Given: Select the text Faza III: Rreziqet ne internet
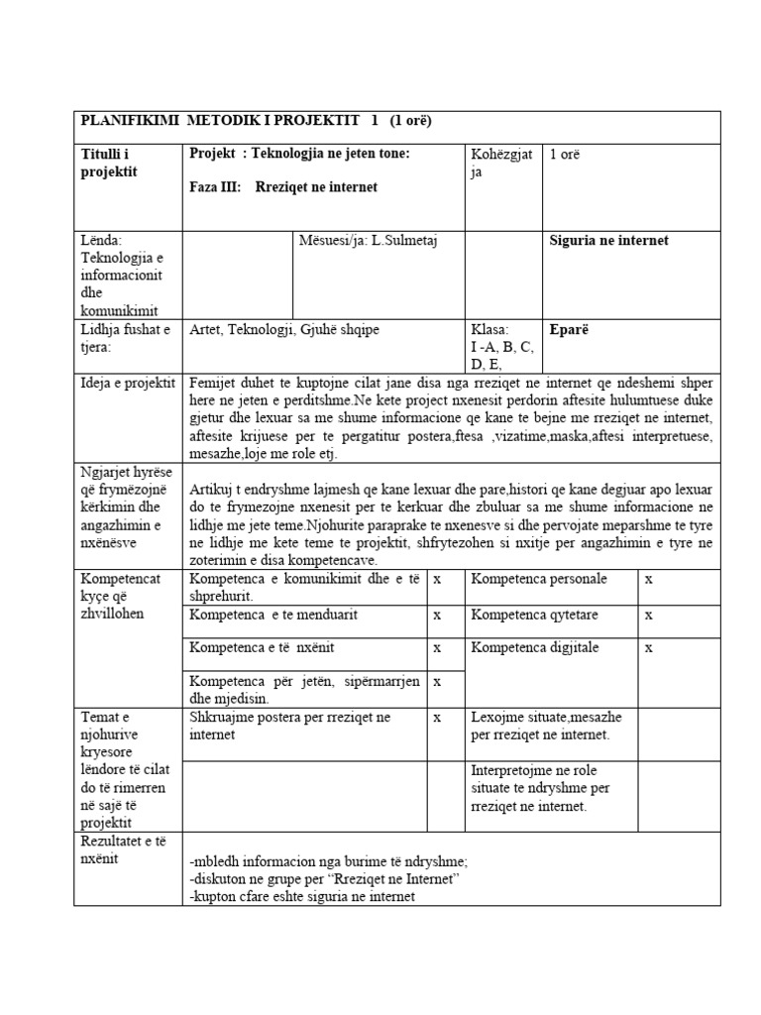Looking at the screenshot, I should coord(282,186).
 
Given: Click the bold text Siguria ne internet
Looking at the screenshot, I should coord(608,240).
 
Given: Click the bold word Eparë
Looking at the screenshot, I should coord(568,330).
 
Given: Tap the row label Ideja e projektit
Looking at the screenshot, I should coord(127,383).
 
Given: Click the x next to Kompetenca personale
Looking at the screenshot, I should coord(649,579).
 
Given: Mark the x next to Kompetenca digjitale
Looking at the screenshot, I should coord(649,647).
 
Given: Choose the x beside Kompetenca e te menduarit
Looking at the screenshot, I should coord(437,615).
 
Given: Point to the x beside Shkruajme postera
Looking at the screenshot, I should coord(437,717).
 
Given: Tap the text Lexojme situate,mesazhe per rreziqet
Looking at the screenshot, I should coord(540,726).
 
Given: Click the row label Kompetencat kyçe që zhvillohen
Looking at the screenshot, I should coord(118,596).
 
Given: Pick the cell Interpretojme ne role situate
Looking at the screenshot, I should coord(541,788).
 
